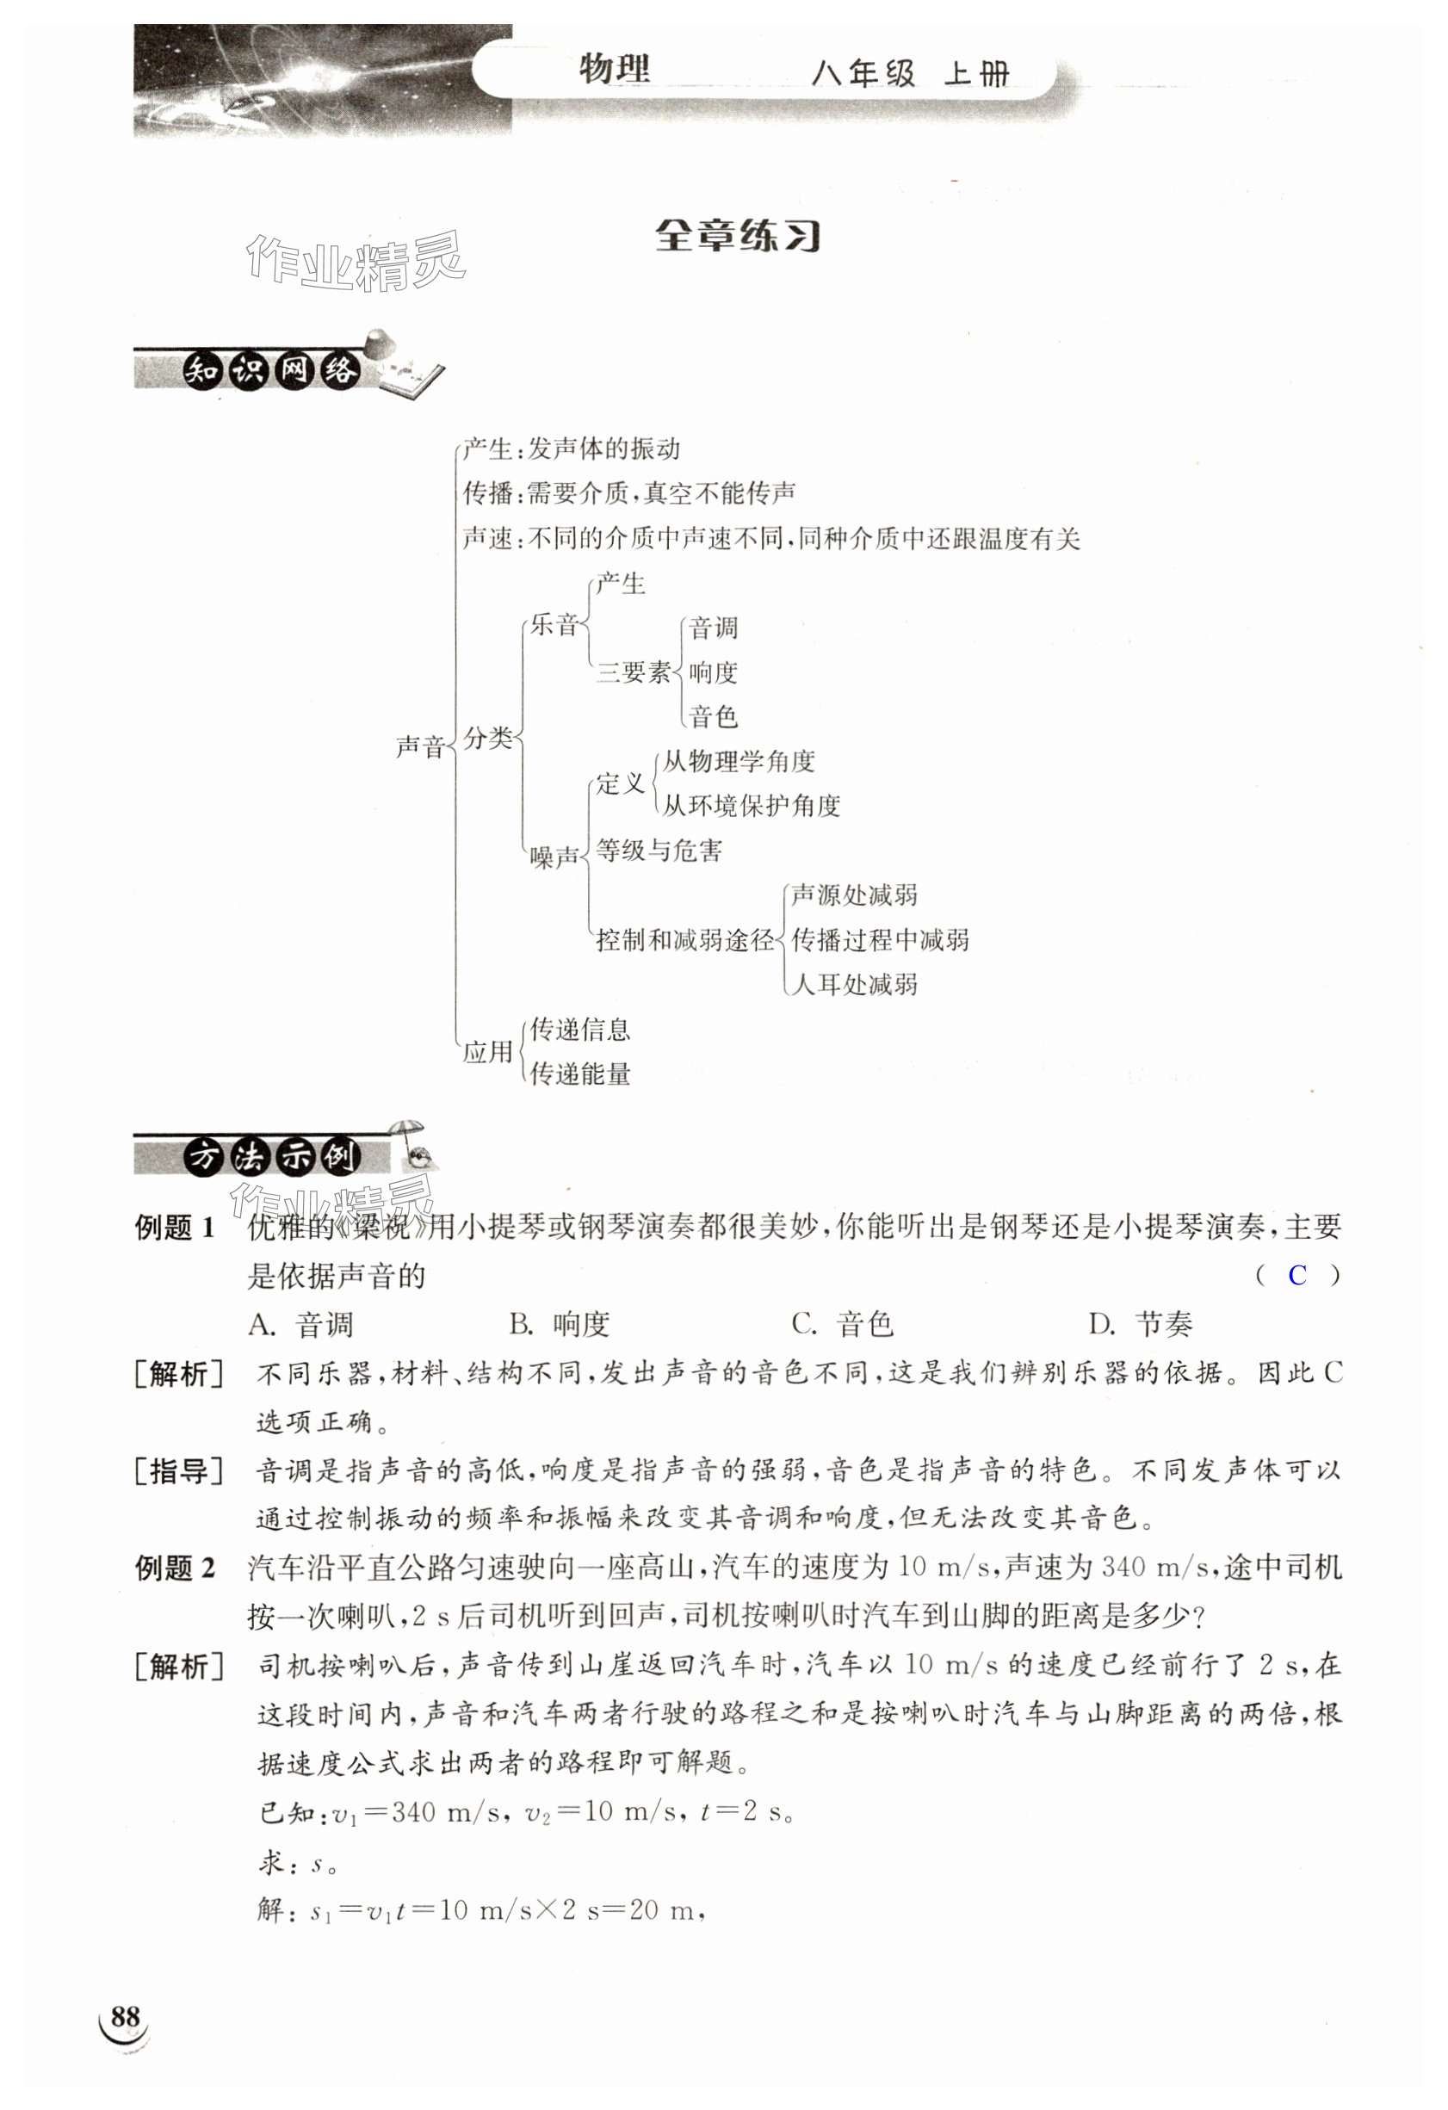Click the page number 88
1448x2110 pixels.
pos(126,2017)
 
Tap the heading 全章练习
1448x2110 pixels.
pos(737,236)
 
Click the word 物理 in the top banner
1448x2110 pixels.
pos(615,70)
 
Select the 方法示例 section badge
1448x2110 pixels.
pos(271,1157)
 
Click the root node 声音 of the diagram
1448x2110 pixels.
pos(420,746)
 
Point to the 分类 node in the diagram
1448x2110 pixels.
pos(488,738)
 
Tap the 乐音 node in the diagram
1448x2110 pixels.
pos(554,625)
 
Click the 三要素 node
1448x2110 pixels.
pos(633,671)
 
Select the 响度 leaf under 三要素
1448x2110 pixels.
pos(713,672)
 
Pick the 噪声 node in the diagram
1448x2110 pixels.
pos(554,857)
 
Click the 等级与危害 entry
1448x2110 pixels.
pos(659,851)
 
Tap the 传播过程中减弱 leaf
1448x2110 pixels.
pos(880,940)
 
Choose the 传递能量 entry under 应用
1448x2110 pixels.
pos(580,1074)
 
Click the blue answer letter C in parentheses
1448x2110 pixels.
pos(1297,1276)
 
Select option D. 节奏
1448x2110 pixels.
pos(1142,1326)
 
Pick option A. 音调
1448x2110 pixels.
pos(300,1326)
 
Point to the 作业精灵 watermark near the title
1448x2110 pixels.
pos(355,263)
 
